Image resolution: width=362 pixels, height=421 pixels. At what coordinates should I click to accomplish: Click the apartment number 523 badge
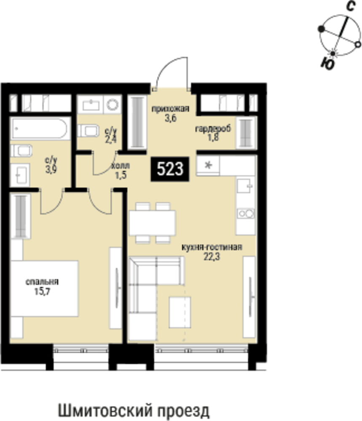pyautogui.click(x=170, y=169)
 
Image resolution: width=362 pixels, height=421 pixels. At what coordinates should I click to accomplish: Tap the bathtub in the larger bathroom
pyautogui.click(x=40, y=128)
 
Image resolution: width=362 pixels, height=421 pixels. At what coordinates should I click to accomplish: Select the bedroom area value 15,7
pyautogui.click(x=42, y=291)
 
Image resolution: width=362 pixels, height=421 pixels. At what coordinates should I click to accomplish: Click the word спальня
pyautogui.click(x=42, y=282)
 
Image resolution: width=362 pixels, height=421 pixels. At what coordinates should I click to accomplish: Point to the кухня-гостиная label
pyautogui.click(x=212, y=247)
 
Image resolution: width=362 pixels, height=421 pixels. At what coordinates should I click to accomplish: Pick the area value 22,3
pyautogui.click(x=212, y=257)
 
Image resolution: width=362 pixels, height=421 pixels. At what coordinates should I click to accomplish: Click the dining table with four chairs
pyautogui.click(x=153, y=223)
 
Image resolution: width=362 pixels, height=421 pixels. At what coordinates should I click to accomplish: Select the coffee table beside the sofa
pyautogui.click(x=180, y=312)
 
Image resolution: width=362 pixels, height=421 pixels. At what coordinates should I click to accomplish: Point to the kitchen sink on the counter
pyautogui.click(x=245, y=186)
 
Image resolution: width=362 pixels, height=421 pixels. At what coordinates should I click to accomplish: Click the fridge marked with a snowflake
pyautogui.click(x=208, y=165)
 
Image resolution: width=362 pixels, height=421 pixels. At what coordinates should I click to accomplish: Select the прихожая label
pyautogui.click(x=170, y=109)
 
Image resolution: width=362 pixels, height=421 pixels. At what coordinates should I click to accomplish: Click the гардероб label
pyautogui.click(x=213, y=129)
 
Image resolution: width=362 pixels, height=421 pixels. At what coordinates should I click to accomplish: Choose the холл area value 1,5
pyautogui.click(x=121, y=175)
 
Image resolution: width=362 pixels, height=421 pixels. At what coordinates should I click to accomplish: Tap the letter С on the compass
pyautogui.click(x=351, y=6)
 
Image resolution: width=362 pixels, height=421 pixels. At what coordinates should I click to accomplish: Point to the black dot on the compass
pyautogui.click(x=321, y=29)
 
